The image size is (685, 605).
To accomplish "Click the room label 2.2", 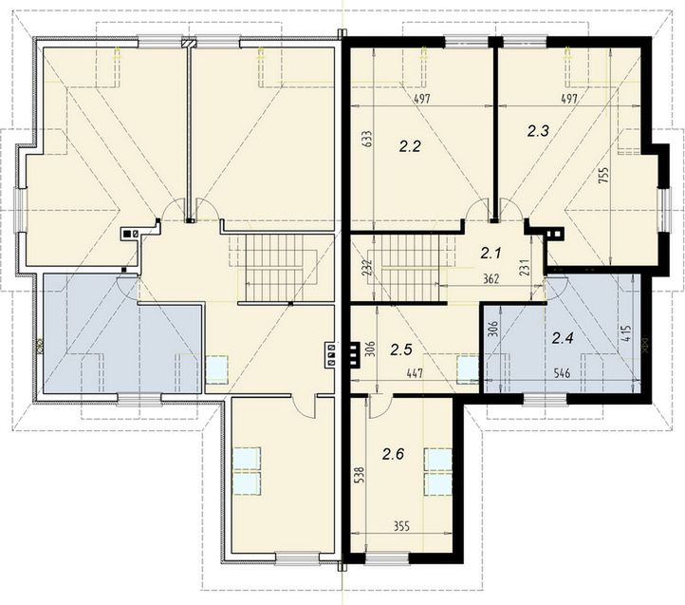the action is [x=410, y=146].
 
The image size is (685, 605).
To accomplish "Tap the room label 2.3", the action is [x=538, y=131].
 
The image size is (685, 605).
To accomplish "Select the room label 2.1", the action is [x=491, y=253].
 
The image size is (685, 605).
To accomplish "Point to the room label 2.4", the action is [x=564, y=338].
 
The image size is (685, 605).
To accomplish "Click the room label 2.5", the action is [x=401, y=350].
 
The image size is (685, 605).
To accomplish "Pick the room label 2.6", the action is [x=393, y=455].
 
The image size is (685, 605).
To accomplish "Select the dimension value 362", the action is [x=491, y=279].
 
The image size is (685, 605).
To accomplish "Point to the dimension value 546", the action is [x=562, y=373].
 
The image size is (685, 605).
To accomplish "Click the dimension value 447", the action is [x=415, y=373].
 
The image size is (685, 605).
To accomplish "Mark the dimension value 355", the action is [x=401, y=526].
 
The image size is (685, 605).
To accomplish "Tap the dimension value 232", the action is [x=366, y=268].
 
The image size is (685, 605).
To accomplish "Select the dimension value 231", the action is [x=526, y=268].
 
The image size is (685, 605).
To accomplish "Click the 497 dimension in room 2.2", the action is [x=422, y=99].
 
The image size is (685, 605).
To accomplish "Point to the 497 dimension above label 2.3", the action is [x=569, y=99].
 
